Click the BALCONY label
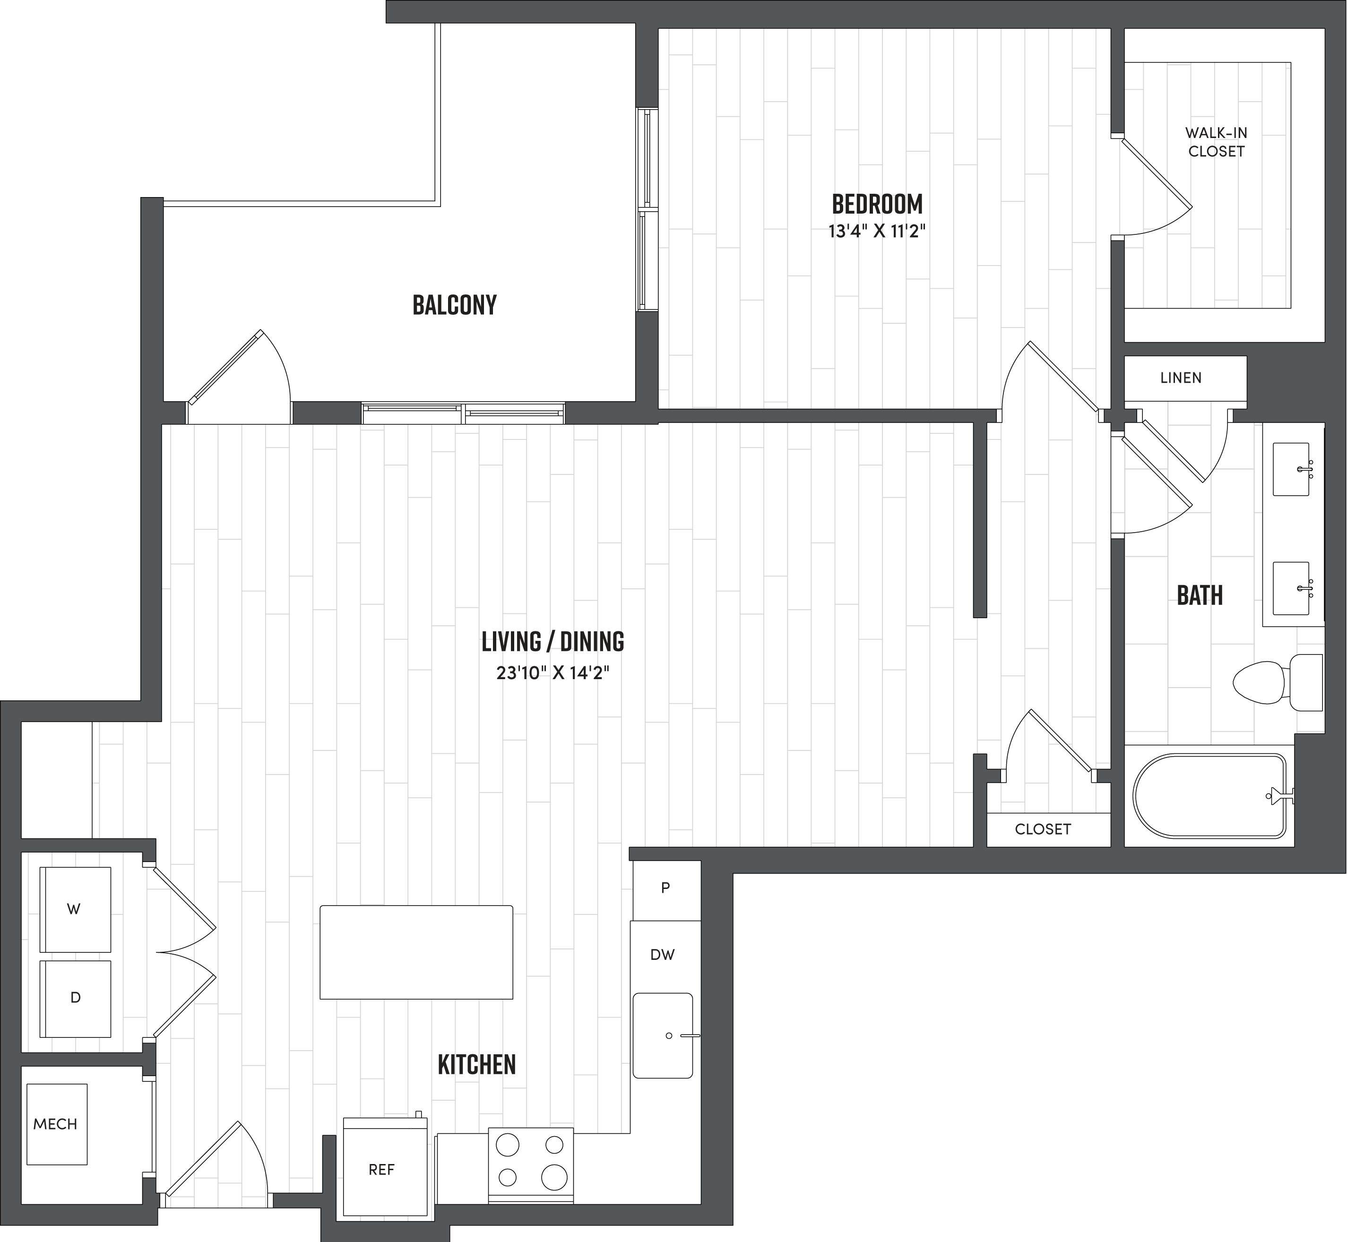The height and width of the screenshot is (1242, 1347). pos(454,305)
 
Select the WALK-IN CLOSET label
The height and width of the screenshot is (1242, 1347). pos(1216,142)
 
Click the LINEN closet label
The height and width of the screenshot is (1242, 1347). pos(1180,378)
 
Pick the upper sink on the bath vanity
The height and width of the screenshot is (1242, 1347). pos(1291,469)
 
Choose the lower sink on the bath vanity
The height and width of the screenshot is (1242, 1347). pos(1291,588)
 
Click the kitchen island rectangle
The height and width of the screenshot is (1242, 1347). pos(416,952)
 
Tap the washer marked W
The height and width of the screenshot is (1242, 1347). pos(75,909)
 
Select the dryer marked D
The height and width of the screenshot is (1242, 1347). pos(75,998)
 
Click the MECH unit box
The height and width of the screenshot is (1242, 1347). pos(56,1124)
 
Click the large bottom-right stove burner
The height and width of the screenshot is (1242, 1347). pos(554,1177)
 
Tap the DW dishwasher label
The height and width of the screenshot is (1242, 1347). pos(662,954)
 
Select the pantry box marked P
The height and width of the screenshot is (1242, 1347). pos(665,888)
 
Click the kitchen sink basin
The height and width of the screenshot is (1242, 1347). pos(662,1035)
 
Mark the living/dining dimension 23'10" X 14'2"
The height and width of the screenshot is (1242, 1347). pos(553,673)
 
